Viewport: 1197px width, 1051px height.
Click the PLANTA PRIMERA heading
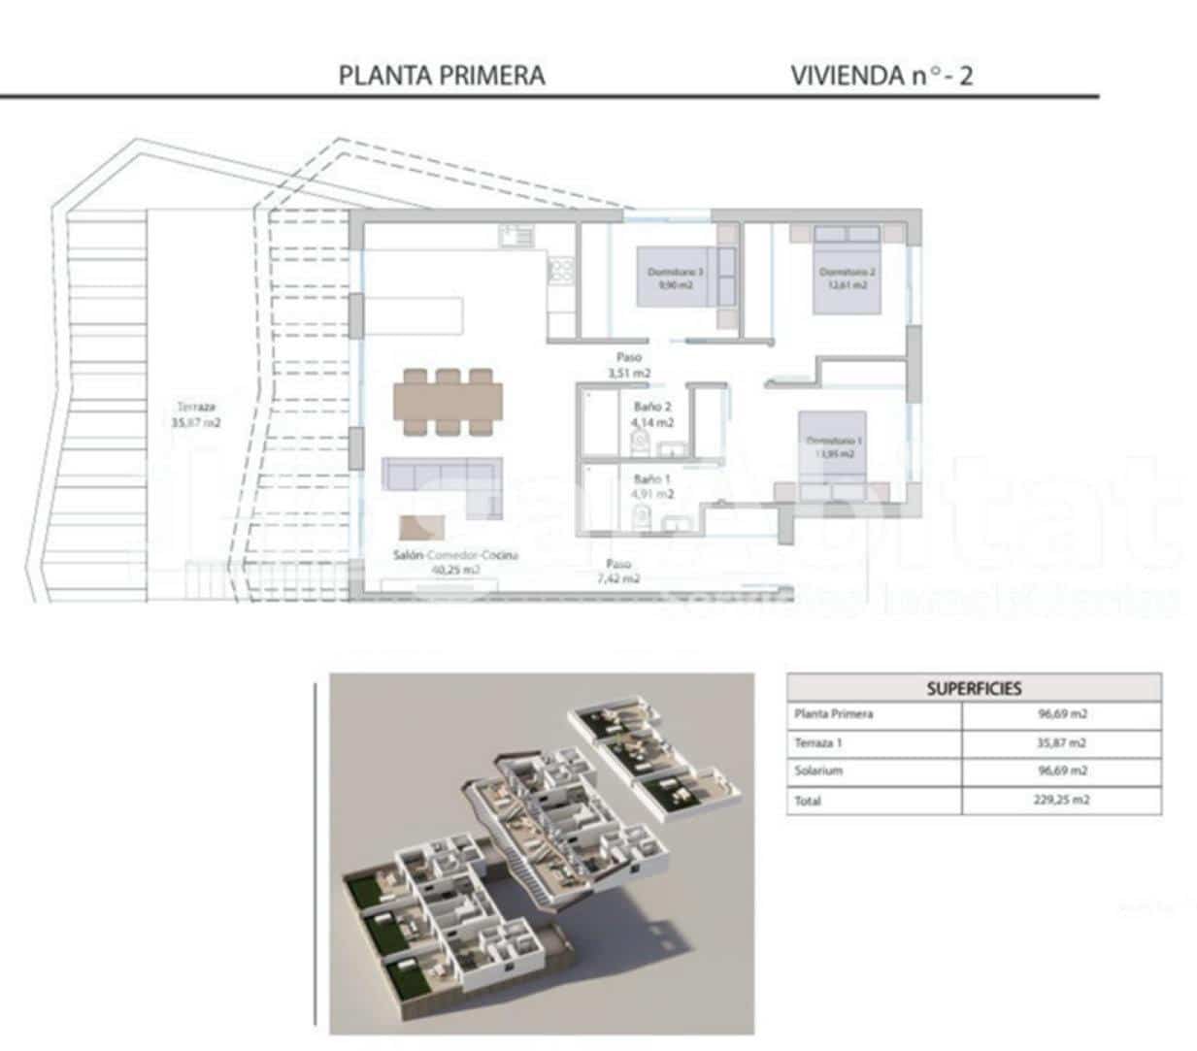tap(442, 76)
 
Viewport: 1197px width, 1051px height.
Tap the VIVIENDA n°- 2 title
tap(881, 76)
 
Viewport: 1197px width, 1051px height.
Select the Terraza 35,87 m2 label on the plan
tap(195, 414)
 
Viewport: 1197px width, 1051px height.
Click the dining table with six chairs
tap(448, 401)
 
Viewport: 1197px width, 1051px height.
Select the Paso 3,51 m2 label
tap(628, 365)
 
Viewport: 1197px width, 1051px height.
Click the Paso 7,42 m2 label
tap(618, 571)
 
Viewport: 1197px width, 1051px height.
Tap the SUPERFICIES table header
tap(974, 688)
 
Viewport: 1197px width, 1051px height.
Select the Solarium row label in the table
tap(817, 771)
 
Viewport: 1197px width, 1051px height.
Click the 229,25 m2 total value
tap(1061, 801)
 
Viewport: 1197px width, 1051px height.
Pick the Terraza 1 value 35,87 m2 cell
tap(1061, 743)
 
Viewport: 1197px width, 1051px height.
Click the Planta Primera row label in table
tap(833, 714)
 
